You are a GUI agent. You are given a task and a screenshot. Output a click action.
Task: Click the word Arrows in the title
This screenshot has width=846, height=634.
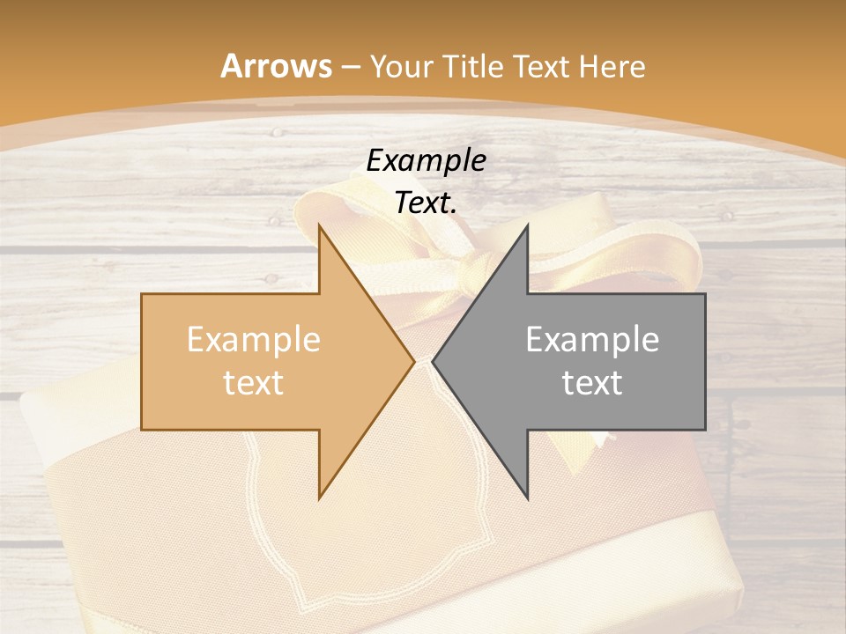coord(277,66)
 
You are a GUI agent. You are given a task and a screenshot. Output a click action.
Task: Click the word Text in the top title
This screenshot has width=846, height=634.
coord(542,66)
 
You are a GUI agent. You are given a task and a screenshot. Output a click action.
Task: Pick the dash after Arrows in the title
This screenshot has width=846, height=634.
coord(351,67)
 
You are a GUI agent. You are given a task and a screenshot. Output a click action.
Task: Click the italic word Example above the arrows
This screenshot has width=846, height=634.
coord(427,160)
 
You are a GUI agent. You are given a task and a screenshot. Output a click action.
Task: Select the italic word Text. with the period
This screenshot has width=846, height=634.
coord(427,203)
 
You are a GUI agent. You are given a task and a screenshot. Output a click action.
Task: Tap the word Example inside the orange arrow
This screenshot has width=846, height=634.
coord(254,340)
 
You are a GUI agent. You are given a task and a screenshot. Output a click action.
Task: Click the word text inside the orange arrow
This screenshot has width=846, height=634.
coord(254,383)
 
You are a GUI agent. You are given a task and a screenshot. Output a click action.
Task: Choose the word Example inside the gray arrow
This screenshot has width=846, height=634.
coord(592,340)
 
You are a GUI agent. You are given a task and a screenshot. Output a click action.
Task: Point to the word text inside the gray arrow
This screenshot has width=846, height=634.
coord(592,383)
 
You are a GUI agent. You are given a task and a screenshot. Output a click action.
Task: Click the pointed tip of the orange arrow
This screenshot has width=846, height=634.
coord(413,361)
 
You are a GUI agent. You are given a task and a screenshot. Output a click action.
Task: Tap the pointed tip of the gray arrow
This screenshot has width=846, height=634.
coord(434,361)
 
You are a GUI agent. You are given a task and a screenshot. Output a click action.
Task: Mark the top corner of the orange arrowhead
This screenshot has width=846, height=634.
coord(319,225)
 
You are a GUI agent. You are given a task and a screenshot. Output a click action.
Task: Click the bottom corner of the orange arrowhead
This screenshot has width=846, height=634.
coord(319,498)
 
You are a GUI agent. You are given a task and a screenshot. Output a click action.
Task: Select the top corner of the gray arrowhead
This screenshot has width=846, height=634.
coord(527,225)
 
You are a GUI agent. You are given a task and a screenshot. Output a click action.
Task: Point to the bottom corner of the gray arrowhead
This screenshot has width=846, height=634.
coord(527,498)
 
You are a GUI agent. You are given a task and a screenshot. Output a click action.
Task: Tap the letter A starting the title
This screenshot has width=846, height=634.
coord(231,66)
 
